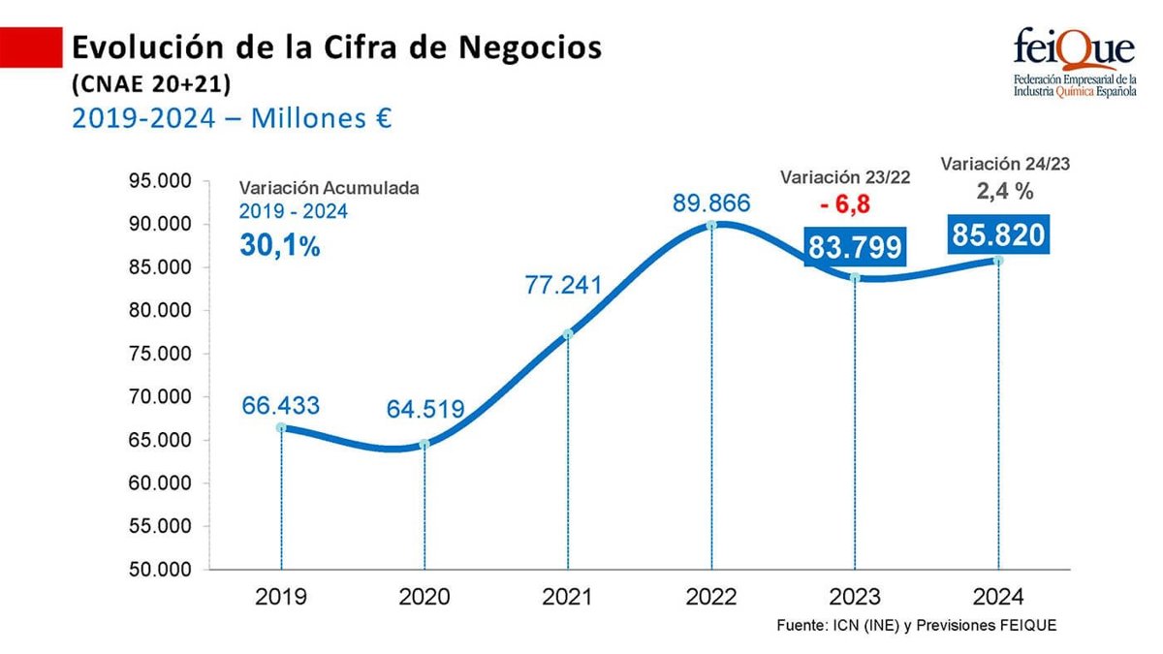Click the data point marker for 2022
pyautogui.click(x=711, y=225)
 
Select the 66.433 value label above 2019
pyautogui.click(x=280, y=406)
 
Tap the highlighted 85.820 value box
pyautogui.click(x=997, y=235)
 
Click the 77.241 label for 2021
pyautogui.click(x=564, y=286)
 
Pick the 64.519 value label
pyautogui.click(x=426, y=409)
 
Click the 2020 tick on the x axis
pyautogui.click(x=424, y=597)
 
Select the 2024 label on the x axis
pyautogui.click(x=997, y=597)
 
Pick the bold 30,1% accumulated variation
pyautogui.click(x=279, y=246)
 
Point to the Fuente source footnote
pyautogui.click(x=916, y=626)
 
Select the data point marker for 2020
pyautogui.click(x=424, y=444)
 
